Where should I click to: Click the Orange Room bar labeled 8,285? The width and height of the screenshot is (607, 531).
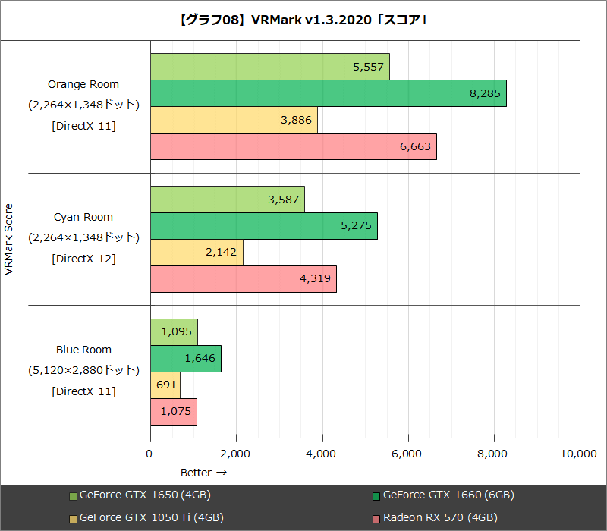(x=328, y=93)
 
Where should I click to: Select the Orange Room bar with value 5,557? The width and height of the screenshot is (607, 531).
(x=269, y=67)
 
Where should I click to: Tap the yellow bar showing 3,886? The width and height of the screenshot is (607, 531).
(x=234, y=120)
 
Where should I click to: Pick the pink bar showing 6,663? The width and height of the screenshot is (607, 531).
(x=293, y=146)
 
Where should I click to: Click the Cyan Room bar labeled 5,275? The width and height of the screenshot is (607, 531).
(x=263, y=226)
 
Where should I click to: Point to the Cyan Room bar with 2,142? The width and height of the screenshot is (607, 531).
(x=197, y=253)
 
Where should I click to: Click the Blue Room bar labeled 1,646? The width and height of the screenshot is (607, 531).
(x=186, y=359)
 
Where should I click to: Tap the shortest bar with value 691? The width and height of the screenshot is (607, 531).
(x=165, y=385)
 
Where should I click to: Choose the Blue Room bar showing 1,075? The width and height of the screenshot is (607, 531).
(x=174, y=412)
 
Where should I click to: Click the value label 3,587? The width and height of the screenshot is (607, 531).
(x=282, y=200)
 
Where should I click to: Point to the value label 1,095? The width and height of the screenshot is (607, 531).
(x=175, y=332)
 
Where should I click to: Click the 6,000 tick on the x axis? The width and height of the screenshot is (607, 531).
(x=408, y=454)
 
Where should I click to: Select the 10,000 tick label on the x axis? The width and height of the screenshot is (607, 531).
(x=577, y=454)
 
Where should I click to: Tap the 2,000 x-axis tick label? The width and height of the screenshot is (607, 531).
(x=236, y=454)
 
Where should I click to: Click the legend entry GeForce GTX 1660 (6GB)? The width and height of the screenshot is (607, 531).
(x=448, y=495)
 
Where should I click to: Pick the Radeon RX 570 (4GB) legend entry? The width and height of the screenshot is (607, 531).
(x=440, y=518)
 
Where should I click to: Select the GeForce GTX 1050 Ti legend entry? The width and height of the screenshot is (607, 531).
(x=150, y=518)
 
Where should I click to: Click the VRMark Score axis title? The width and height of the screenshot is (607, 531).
(x=9, y=239)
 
